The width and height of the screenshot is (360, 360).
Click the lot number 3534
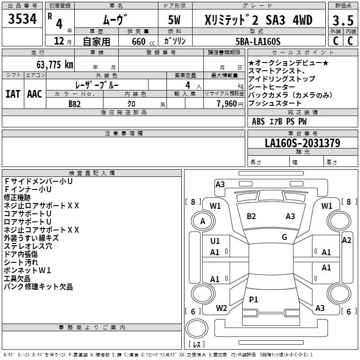tap(22, 19)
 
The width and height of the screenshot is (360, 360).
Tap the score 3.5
tap(343, 20)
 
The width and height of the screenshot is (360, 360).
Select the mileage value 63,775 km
tap(55, 64)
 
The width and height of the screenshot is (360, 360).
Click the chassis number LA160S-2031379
tap(302, 143)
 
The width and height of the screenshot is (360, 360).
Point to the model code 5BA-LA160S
tap(258, 41)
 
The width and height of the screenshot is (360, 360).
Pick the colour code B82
tap(74, 104)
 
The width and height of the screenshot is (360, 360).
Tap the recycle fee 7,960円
tap(230, 104)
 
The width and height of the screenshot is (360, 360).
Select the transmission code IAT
tap(13, 94)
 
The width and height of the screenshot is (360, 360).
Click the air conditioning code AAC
tap(35, 94)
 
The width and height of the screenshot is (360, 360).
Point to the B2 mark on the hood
tap(251, 216)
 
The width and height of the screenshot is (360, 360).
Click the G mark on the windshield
tap(284, 237)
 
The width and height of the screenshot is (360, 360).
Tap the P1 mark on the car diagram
tap(253, 299)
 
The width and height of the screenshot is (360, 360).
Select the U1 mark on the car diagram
tap(215, 241)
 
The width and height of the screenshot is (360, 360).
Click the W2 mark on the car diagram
tap(221, 308)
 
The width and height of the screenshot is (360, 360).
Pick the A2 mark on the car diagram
tap(346, 240)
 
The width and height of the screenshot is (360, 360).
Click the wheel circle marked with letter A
tap(203, 221)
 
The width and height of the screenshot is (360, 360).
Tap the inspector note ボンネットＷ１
tap(27, 270)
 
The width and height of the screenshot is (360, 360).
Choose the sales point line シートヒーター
tap(272, 87)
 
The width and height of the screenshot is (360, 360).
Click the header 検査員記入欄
tap(92, 173)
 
